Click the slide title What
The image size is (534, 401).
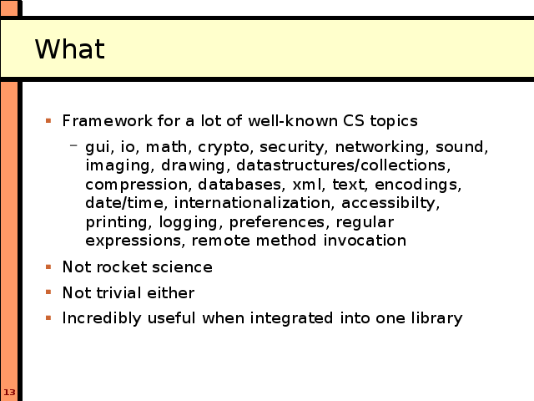click(70, 48)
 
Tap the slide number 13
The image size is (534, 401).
click(9, 392)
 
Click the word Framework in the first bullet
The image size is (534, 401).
click(108, 120)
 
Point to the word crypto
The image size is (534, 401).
click(225, 147)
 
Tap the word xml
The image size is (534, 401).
click(307, 185)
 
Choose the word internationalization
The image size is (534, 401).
click(252, 203)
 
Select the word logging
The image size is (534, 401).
click(189, 223)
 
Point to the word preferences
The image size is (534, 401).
click(277, 223)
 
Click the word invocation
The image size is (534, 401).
click(365, 241)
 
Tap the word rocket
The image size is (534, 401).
click(122, 267)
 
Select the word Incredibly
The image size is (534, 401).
click(102, 318)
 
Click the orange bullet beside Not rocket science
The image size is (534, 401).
click(48, 266)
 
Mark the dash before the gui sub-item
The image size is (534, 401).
click(73, 145)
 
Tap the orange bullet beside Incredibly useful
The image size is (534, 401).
click(48, 318)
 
